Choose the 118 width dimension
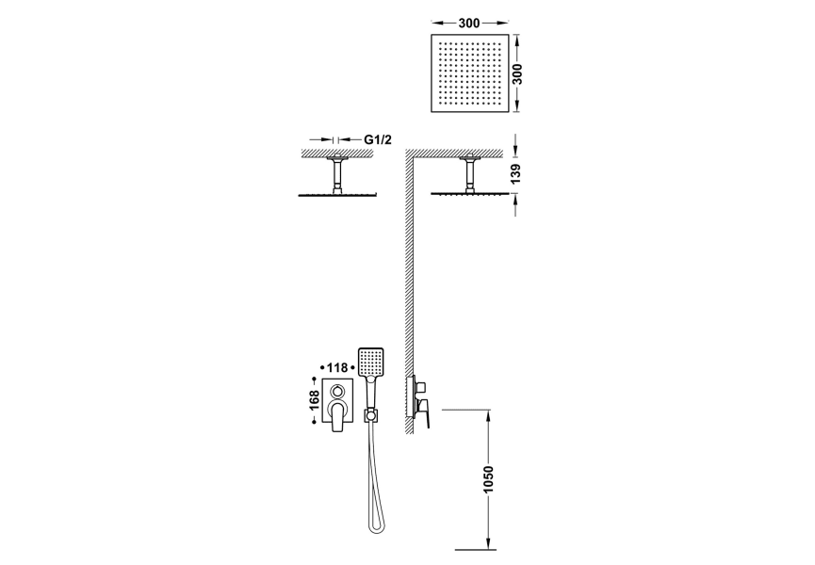[339, 367]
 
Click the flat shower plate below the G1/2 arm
[336, 194]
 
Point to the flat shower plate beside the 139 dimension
[468, 194]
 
